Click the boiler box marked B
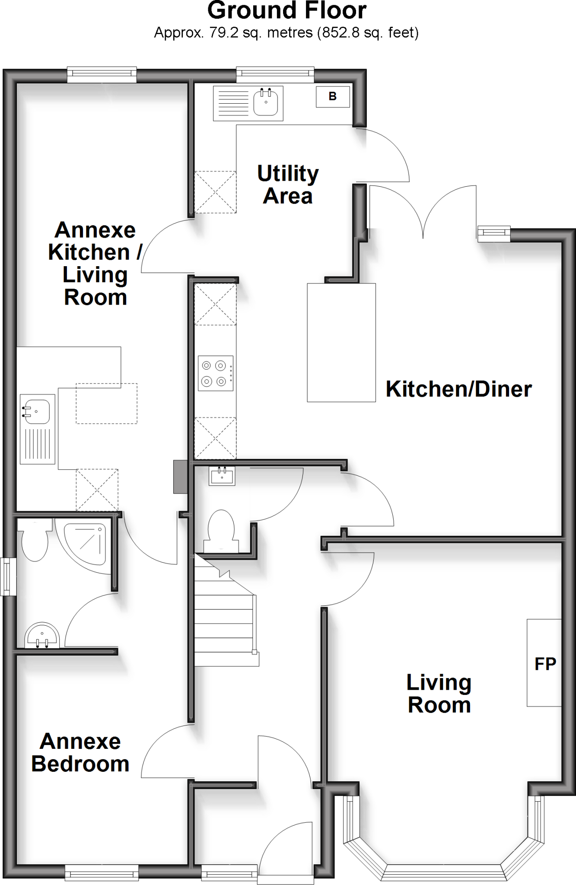pos(332,96)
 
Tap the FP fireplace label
pos(544,664)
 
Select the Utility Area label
pos(288,185)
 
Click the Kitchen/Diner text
pos(458,389)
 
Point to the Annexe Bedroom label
pos(80,753)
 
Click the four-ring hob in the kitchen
pos(215,373)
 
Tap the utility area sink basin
pos(265,102)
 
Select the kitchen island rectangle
pos(341,342)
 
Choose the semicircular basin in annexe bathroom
pos(41,637)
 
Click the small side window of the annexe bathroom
pos(8,576)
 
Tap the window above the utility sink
pos(275,75)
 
